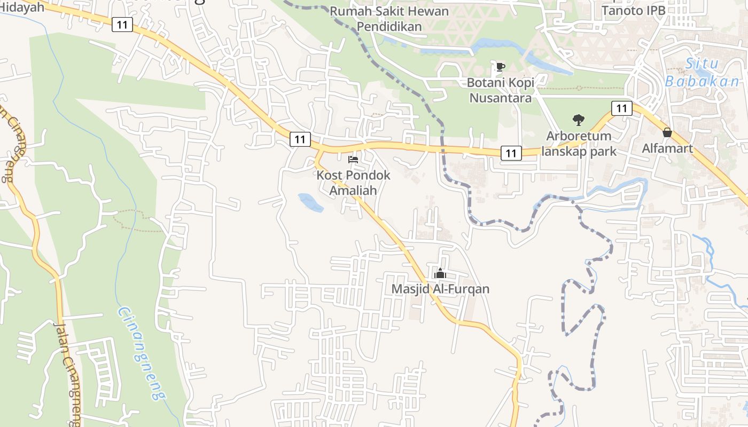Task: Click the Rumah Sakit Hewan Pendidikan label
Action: (389, 18)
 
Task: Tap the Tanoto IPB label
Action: (634, 10)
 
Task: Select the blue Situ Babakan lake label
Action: (702, 73)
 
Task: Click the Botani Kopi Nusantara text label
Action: (500, 90)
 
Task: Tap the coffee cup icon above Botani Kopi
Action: (500, 67)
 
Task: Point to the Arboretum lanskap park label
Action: (579, 144)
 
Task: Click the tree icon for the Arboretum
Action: (578, 120)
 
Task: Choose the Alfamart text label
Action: (667, 148)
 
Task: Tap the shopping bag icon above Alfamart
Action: (667, 132)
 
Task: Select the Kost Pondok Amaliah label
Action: (353, 183)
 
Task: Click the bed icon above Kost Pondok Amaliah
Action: (353, 159)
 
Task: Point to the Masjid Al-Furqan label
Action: (440, 289)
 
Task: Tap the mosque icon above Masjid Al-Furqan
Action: (440, 274)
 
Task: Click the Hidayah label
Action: (22, 7)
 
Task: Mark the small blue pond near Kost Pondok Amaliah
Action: (310, 203)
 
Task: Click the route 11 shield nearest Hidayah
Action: (122, 24)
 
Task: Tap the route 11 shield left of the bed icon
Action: (300, 139)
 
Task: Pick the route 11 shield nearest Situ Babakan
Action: (621, 108)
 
